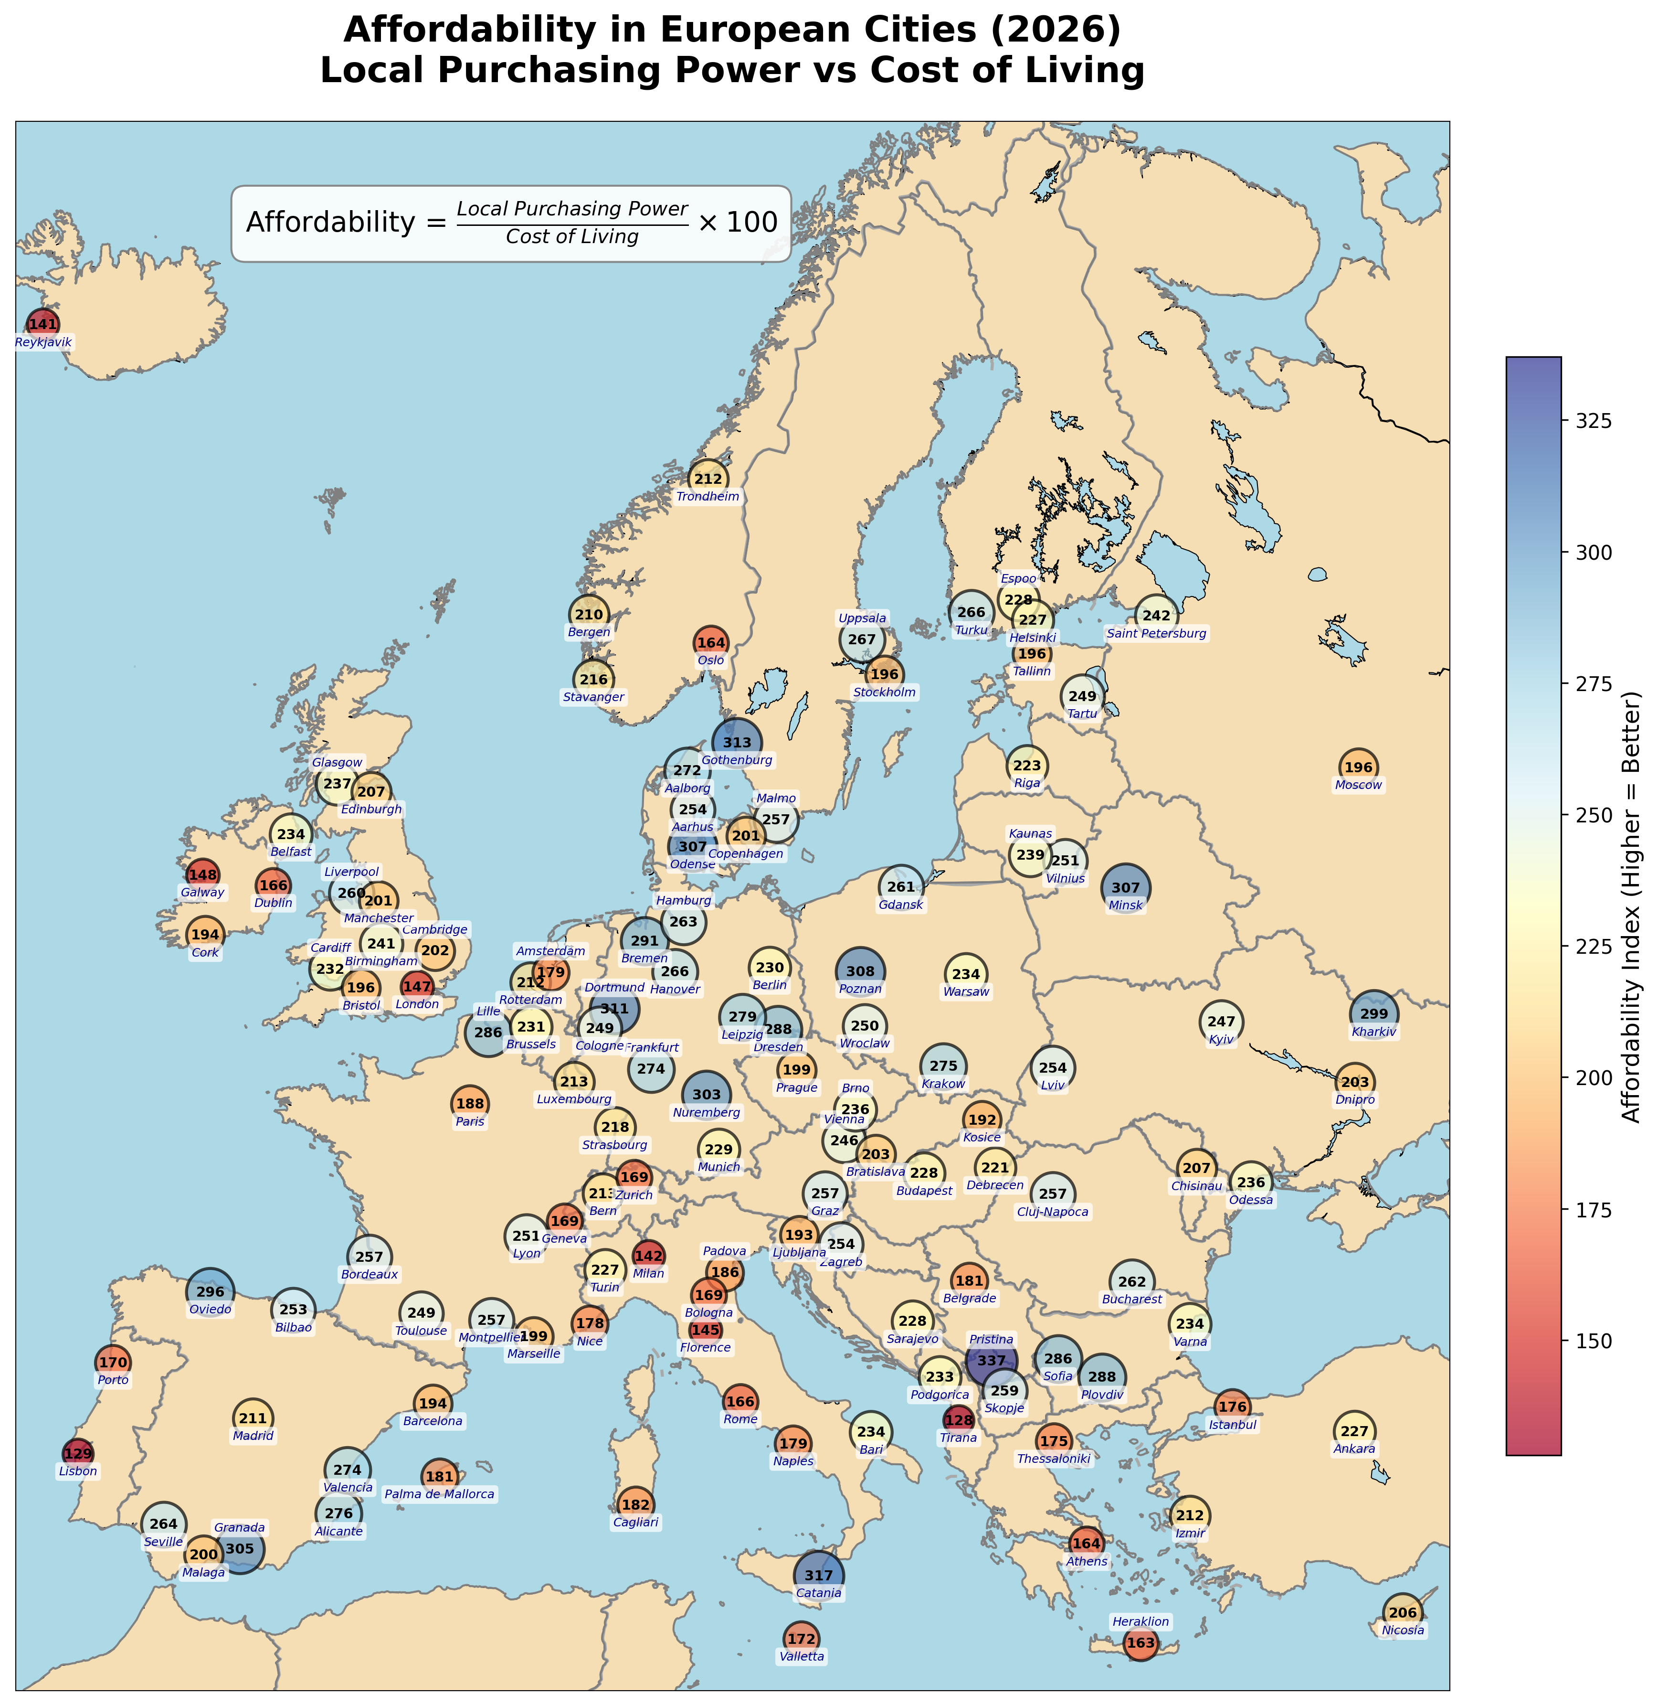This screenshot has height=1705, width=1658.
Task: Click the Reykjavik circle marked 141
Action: [42, 325]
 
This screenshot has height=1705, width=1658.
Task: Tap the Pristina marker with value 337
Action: [991, 1360]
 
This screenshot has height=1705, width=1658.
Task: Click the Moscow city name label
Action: [1358, 785]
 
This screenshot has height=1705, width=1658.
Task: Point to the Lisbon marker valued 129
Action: [78, 1453]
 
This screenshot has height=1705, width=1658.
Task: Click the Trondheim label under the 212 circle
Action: [707, 497]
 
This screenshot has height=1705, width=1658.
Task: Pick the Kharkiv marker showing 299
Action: [1374, 1014]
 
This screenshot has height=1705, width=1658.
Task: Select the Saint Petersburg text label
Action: [1156, 633]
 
